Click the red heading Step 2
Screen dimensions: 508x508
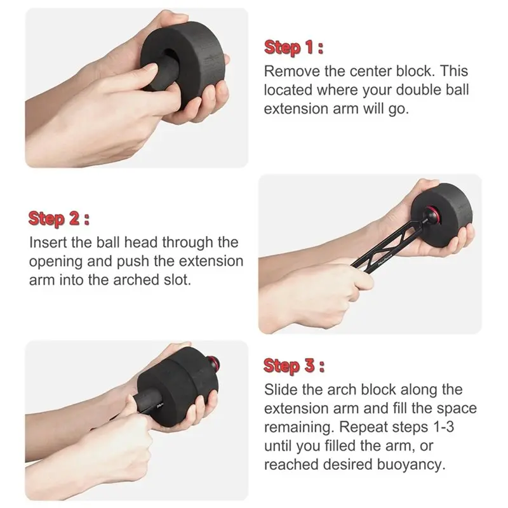58,218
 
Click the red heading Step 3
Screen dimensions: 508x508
294,366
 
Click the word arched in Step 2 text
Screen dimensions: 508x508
137,280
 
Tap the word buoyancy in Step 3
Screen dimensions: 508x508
411,465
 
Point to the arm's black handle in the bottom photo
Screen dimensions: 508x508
149,401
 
